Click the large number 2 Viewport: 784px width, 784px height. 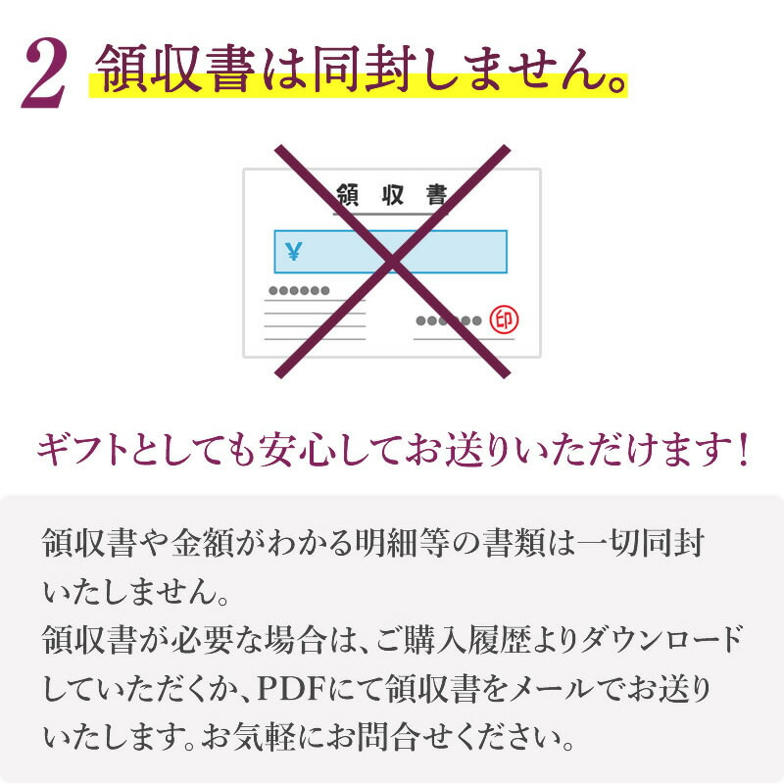click(x=43, y=73)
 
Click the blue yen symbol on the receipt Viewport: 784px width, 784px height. click(x=293, y=251)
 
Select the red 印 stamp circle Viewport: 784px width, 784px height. click(x=504, y=320)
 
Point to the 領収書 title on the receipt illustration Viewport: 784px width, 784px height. click(x=391, y=195)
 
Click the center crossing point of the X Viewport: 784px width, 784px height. click(x=393, y=261)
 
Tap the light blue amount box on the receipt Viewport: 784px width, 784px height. click(x=390, y=252)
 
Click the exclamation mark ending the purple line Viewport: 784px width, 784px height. click(x=743, y=449)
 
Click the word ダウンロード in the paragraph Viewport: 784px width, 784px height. click(x=661, y=640)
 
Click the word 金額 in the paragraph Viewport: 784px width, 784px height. click(x=203, y=543)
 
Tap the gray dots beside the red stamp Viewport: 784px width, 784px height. click(x=449, y=320)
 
